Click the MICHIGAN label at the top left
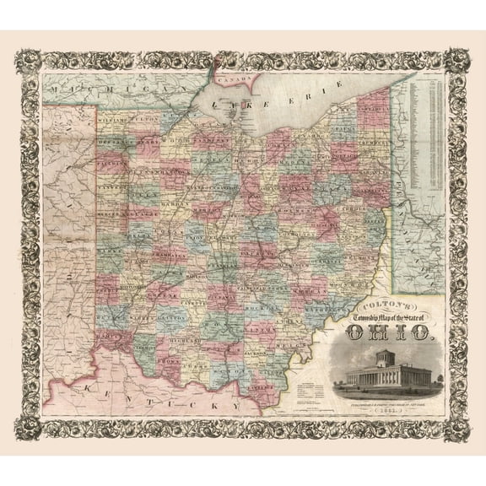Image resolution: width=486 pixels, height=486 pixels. click(89, 87)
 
